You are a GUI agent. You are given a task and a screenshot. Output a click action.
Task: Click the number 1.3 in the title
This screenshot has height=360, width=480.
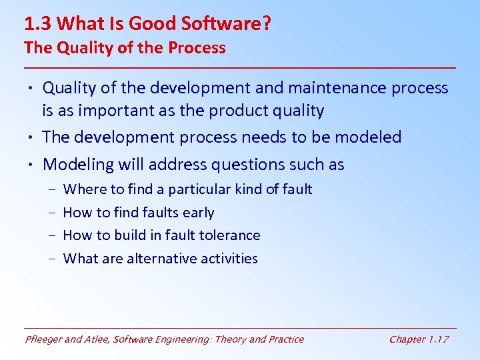(x=38, y=24)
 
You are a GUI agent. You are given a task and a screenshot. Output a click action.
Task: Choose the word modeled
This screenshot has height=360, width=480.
(x=368, y=137)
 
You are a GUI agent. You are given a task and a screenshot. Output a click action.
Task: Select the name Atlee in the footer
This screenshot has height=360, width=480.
(x=99, y=339)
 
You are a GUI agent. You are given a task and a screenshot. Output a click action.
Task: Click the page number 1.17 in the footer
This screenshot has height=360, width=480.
(x=437, y=339)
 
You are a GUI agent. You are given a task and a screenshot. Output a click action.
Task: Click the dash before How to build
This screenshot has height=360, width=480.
(x=52, y=235)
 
